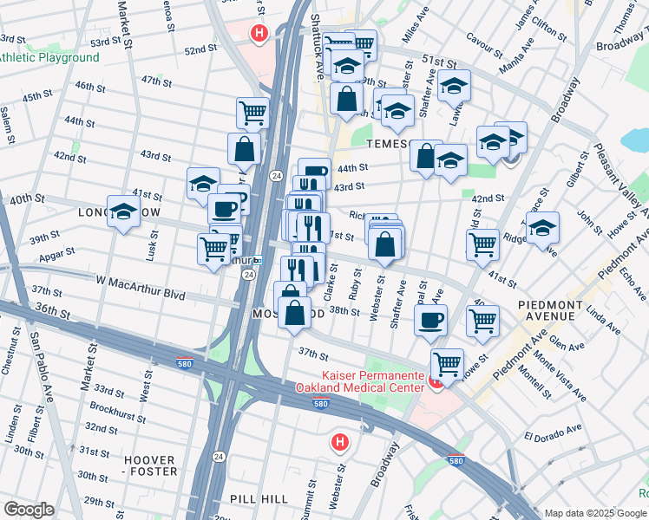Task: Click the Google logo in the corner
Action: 29,510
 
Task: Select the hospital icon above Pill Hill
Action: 340,443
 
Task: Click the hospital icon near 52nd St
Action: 258,34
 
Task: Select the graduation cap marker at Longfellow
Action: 124,211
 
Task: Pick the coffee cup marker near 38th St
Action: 430,320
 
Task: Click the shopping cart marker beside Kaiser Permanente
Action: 447,363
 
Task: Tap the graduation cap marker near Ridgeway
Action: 542,228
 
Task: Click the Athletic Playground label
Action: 49,57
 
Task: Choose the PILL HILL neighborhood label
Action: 253,499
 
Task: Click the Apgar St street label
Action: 57,253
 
